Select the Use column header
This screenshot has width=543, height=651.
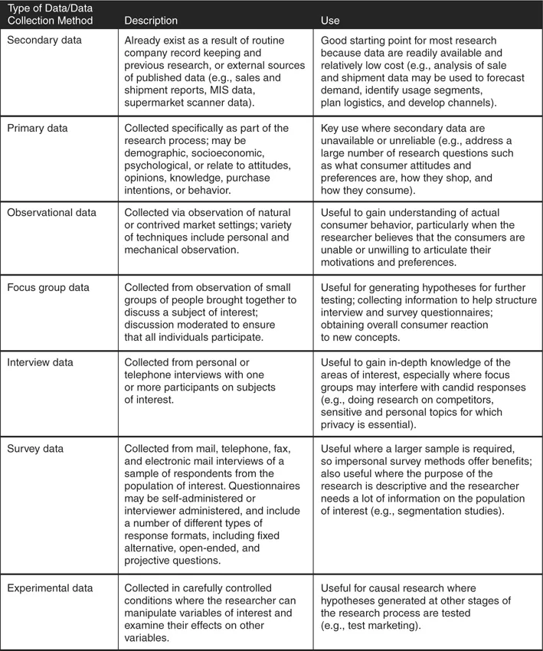(330, 21)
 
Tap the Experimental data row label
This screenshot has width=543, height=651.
(51, 587)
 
